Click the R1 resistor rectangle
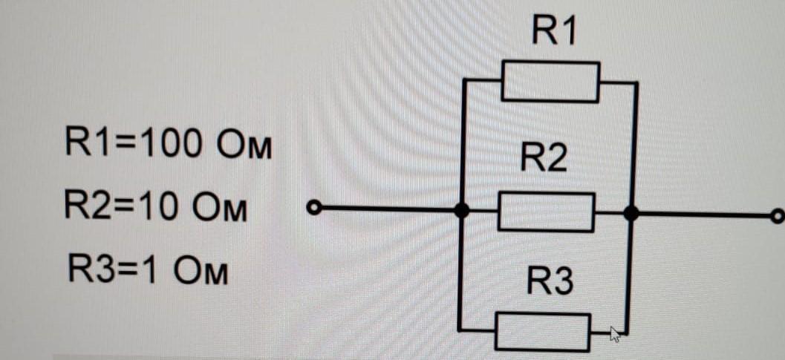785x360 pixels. point(550,82)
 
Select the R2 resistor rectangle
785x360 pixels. point(546,212)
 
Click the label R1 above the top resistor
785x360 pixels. point(554,32)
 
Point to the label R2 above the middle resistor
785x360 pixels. point(544,159)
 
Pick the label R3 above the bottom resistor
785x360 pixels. point(550,282)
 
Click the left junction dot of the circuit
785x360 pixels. point(462,212)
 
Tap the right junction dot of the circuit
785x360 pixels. point(631,214)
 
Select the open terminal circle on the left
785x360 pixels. point(314,209)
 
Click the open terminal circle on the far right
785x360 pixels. point(777,216)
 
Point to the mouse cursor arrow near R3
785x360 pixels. point(614,334)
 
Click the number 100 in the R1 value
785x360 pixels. point(169,143)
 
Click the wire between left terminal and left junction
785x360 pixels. point(386,210)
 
